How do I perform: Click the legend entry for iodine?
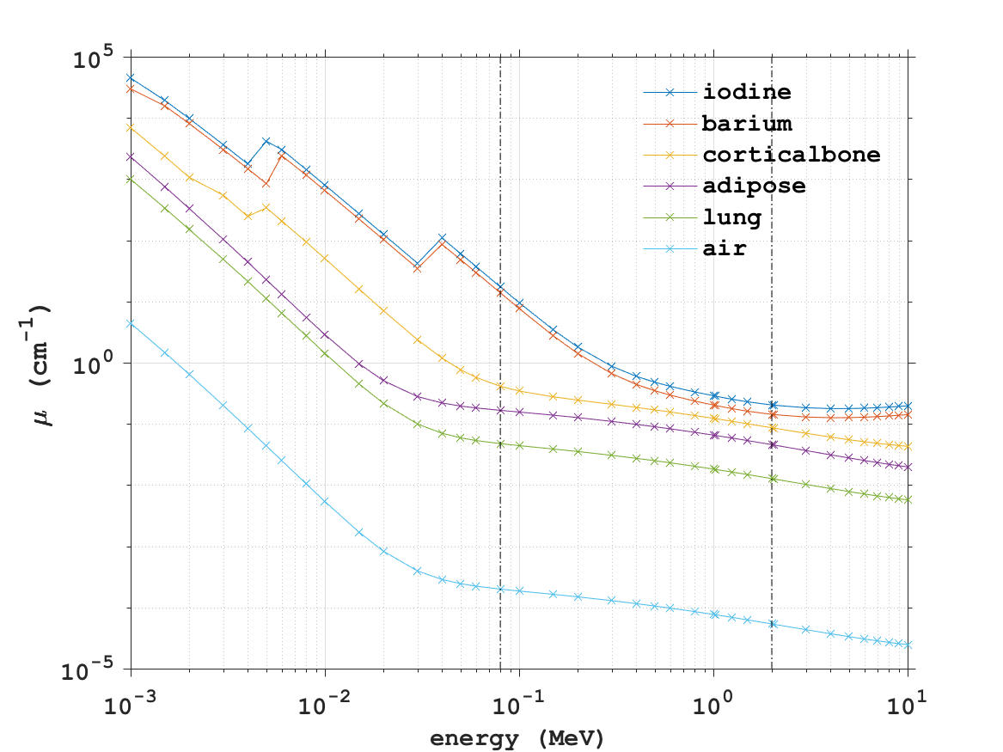[746, 91]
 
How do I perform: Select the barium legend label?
[746, 123]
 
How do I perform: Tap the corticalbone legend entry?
[791, 155]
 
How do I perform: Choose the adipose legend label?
[754, 186]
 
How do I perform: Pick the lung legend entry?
[731, 218]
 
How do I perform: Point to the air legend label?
[724, 250]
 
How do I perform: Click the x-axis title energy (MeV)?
[518, 738]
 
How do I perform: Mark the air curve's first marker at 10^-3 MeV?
[131, 324]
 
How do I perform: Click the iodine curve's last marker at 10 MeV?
[908, 406]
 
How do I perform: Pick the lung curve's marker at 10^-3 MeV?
[131, 179]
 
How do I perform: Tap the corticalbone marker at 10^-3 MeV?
[131, 127]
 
